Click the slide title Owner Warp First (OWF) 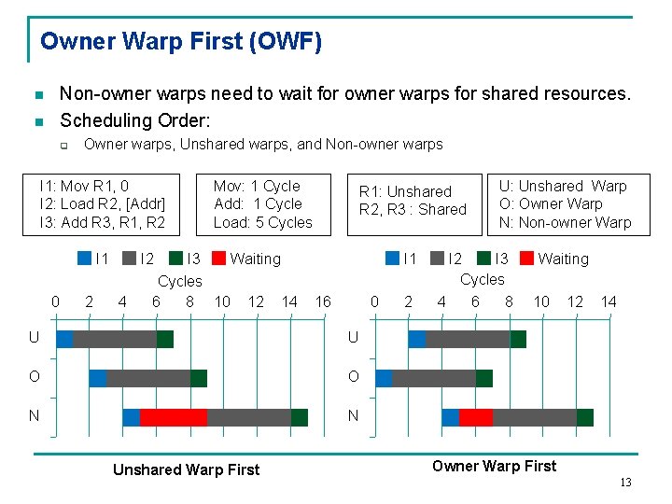click(181, 42)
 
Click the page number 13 click(625, 482)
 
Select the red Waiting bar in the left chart click(173, 417)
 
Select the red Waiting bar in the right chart click(475, 417)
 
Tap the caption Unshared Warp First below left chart click(186, 469)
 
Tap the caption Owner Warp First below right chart click(494, 466)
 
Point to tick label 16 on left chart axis click(323, 301)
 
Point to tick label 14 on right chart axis click(609, 301)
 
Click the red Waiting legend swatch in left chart click(219, 259)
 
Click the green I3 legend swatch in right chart click(484, 259)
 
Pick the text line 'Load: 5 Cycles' click(262, 222)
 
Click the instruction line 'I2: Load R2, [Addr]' click(102, 203)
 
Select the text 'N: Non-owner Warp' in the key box click(565, 222)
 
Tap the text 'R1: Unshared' click(405, 191)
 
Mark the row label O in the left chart click(35, 377)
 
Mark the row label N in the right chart click(353, 416)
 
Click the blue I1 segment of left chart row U click(64, 339)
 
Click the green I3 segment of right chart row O click(484, 378)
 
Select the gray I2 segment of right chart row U click(468, 339)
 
